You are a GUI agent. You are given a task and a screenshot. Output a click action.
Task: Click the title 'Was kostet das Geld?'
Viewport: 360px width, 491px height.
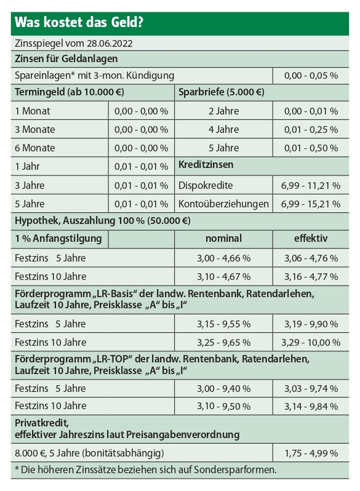click(79, 23)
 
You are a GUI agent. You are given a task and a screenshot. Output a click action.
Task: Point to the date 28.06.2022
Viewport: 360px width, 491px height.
click(110, 43)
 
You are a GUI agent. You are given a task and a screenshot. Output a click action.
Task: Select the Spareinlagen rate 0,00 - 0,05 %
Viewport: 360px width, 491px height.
click(311, 76)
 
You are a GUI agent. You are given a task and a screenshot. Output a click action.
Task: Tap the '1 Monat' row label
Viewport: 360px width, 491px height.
click(32, 111)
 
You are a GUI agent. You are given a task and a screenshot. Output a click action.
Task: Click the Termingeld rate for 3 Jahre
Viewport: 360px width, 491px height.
click(141, 185)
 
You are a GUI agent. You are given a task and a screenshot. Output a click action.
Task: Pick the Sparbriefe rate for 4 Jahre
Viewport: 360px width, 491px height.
click(311, 129)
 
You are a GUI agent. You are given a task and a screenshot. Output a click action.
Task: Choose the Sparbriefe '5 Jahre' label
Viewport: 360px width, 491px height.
click(224, 148)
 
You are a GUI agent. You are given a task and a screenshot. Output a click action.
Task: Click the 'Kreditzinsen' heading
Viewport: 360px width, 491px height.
click(206, 164)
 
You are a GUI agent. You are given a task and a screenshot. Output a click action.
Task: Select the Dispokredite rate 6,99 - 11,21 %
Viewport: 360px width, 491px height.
click(311, 185)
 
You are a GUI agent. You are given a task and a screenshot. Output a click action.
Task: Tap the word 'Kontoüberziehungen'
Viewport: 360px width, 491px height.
click(223, 204)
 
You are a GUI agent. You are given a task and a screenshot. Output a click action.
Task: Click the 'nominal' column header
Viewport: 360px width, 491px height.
click(224, 238)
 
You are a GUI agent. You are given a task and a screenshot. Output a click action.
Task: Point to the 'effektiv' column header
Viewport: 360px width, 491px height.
click(311, 238)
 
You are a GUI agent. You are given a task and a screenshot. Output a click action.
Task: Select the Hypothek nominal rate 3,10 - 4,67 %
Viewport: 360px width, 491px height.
click(224, 276)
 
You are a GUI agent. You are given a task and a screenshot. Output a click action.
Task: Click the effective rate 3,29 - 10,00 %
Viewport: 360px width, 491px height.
click(311, 342)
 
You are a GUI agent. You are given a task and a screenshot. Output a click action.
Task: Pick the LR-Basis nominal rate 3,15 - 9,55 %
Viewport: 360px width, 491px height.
click(224, 324)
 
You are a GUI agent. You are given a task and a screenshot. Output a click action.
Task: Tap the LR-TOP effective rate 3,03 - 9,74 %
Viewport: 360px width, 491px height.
click(311, 389)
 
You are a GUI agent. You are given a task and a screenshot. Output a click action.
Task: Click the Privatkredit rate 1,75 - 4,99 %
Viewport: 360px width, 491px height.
click(311, 453)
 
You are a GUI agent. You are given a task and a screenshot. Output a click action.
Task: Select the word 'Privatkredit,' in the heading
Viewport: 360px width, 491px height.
click(42, 423)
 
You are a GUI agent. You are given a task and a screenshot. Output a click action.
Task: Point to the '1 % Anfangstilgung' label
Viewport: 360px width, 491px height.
click(58, 238)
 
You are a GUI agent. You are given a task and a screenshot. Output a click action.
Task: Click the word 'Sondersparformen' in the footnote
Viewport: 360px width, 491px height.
click(235, 469)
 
